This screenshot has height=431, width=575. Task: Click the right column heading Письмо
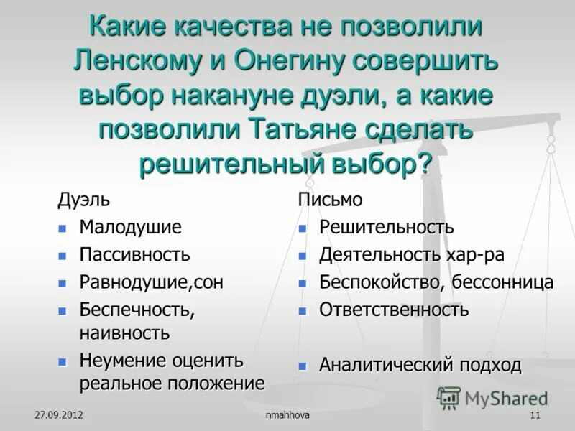[x=330, y=200]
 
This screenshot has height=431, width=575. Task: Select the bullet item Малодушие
[x=130, y=228]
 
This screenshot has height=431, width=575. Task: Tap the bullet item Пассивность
[x=134, y=254]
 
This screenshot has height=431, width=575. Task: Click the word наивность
[x=124, y=333]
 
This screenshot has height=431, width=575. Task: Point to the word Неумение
[x=123, y=360]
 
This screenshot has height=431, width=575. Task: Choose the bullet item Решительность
[x=387, y=228]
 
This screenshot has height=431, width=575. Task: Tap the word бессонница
[x=503, y=282]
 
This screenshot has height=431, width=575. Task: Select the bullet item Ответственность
[x=394, y=310]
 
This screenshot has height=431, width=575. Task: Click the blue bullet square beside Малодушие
[x=63, y=228]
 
